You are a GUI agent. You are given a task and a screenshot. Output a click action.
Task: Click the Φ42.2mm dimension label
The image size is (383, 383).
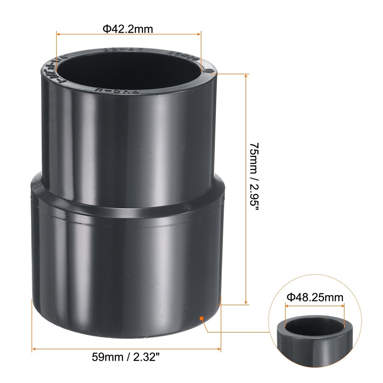click(128, 29)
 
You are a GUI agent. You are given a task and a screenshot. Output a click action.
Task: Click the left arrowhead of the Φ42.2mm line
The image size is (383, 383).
click(59, 34)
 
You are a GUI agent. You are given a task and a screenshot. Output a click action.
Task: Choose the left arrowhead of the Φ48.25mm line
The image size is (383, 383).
click(287, 305)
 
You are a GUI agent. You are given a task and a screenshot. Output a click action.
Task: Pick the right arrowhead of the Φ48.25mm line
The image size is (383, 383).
click(343, 305)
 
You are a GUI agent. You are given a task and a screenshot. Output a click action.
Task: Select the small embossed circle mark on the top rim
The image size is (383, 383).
click(209, 71)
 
